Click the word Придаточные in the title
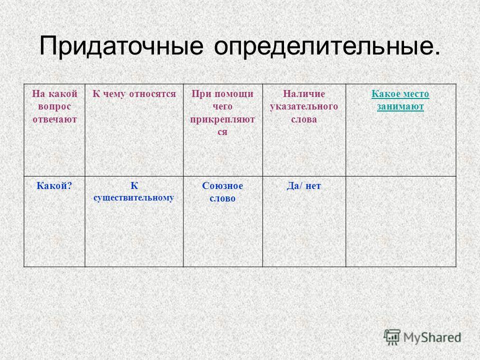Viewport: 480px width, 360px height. pos(121,46)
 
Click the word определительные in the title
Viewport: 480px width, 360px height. pos(327,46)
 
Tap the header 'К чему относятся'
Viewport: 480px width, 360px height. pos(134,93)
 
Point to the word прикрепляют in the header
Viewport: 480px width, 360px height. pos(222,119)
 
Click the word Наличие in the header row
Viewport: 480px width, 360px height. pos(304,93)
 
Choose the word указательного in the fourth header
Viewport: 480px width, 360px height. pos(304,106)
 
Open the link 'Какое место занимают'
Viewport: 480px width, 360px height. pos(400,100)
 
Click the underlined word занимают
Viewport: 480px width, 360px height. pos(400,106)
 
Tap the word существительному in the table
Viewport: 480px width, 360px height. pos(134,198)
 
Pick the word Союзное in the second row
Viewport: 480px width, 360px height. pos(222,186)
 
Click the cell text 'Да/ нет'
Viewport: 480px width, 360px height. pos(303,186)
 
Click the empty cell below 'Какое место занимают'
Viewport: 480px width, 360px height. pos(401,221)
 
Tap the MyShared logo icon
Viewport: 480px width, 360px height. pos(392,337)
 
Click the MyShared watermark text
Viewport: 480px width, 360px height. pos(432,337)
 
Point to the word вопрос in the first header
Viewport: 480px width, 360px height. pos(54,106)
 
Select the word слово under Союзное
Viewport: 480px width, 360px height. pos(222,198)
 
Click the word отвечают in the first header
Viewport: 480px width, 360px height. pos(54,119)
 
